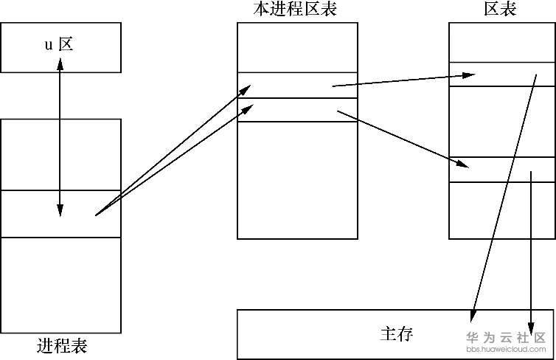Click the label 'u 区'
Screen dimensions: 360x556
(x=60, y=45)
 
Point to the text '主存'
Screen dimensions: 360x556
(x=396, y=334)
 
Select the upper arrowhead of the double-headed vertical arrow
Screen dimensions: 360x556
(x=60, y=62)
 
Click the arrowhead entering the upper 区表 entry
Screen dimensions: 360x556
(x=468, y=75)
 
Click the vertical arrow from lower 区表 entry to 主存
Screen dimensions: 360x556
(x=531, y=251)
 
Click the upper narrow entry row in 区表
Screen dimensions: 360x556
(x=501, y=75)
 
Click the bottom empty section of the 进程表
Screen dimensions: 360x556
(x=60, y=284)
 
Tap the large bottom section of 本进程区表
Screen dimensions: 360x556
(x=297, y=181)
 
